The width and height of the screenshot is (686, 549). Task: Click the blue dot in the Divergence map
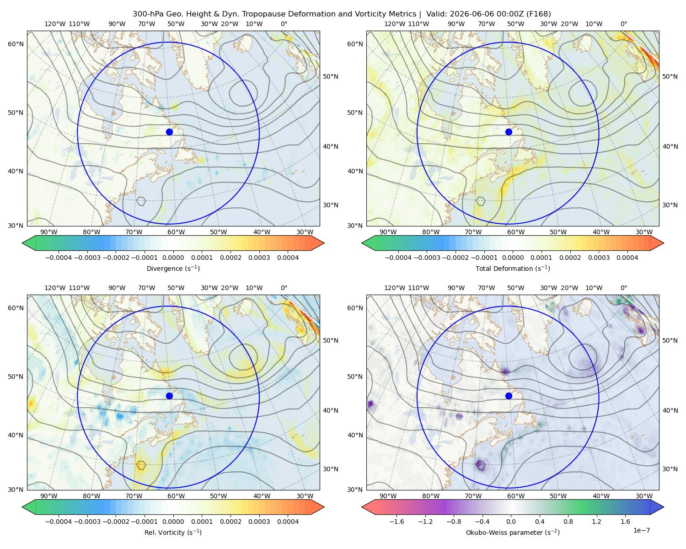tap(169, 132)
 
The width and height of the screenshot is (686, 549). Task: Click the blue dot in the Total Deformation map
tap(509, 132)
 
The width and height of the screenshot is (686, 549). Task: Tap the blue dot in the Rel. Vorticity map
tap(169, 396)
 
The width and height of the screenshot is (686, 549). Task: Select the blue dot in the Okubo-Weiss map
tap(509, 396)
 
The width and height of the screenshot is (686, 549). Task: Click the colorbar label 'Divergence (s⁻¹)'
tap(173, 268)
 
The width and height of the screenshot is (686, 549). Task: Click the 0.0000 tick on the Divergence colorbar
tap(173, 258)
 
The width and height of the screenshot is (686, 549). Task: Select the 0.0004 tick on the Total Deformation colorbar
tap(627, 258)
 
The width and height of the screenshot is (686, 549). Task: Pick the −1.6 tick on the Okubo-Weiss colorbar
tap(397, 522)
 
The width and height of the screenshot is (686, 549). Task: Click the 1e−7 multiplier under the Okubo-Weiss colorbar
tap(641, 531)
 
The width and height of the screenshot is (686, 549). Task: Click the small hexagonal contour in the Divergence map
tap(141, 201)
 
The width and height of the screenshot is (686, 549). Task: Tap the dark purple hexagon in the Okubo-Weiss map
tap(481, 465)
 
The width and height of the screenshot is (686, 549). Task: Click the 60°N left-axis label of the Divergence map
tap(16, 44)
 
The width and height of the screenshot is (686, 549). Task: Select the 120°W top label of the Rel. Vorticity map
tap(55, 288)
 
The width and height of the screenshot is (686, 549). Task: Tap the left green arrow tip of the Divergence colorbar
tap(22, 243)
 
